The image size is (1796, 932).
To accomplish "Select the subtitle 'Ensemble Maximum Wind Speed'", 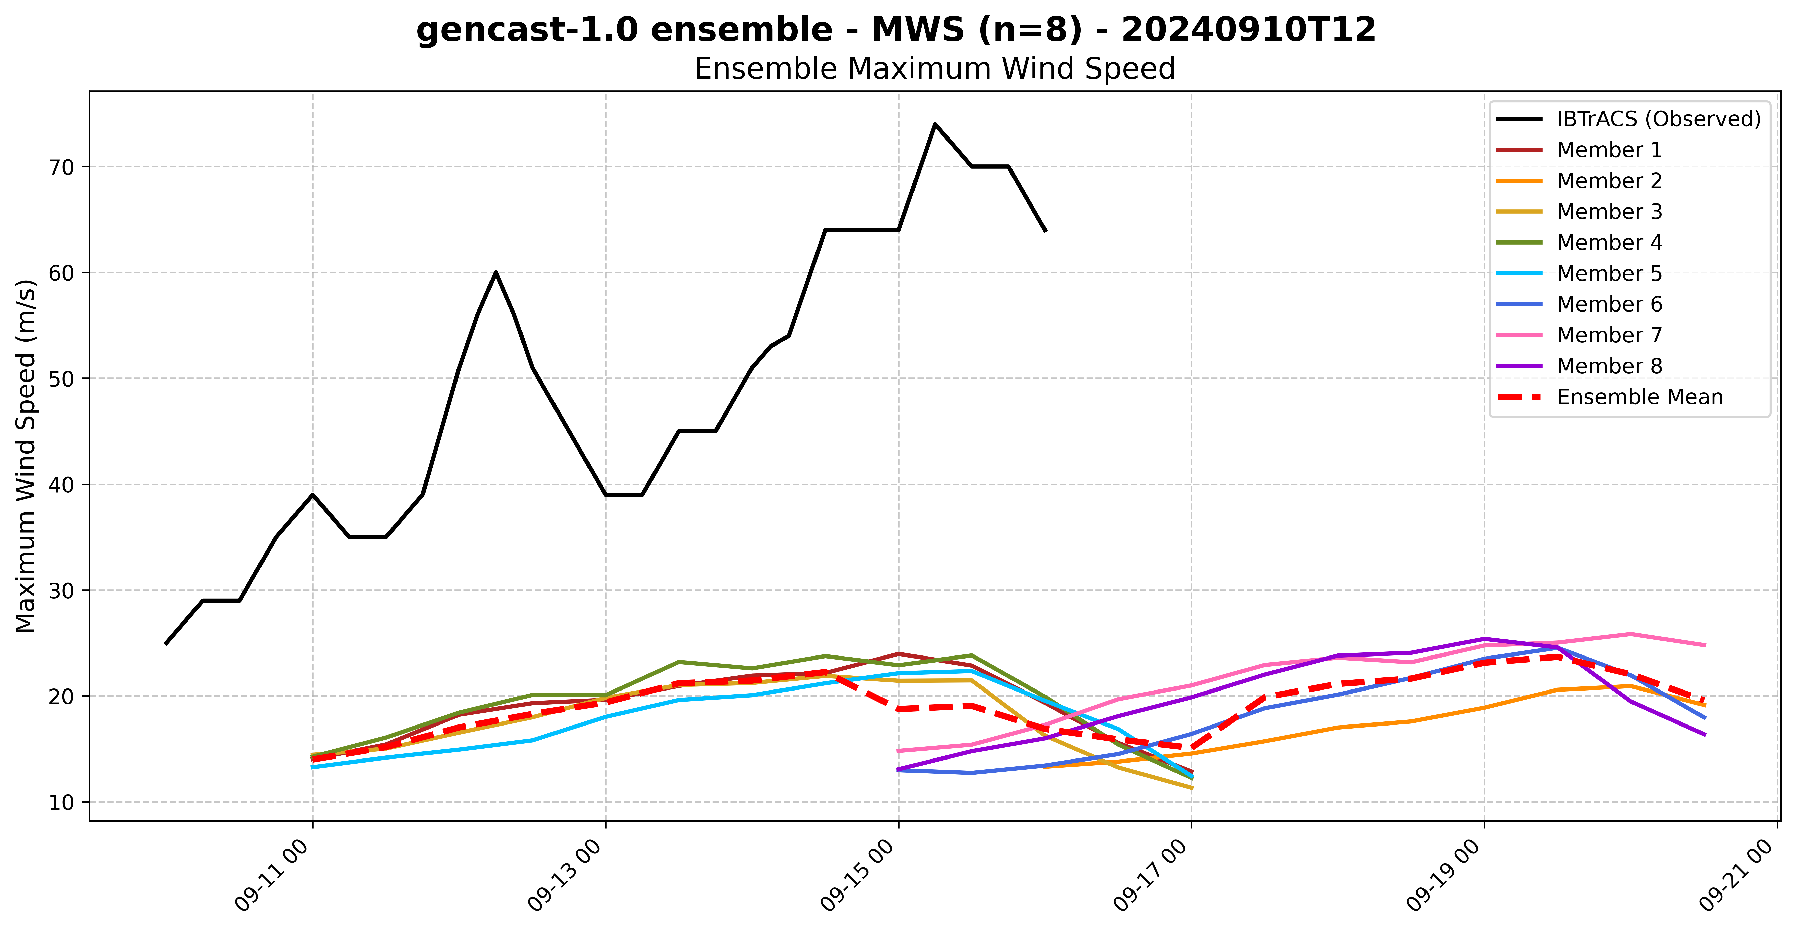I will coord(934,69).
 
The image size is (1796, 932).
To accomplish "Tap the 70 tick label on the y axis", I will coord(61,167).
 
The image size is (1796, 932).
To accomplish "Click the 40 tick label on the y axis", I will coord(61,485).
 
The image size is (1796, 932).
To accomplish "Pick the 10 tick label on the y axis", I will coord(61,802).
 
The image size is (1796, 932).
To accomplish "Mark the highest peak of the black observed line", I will coord(935,124).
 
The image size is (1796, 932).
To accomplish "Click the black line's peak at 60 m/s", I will coord(496,272).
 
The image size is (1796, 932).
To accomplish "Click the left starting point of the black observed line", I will coord(165,643).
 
